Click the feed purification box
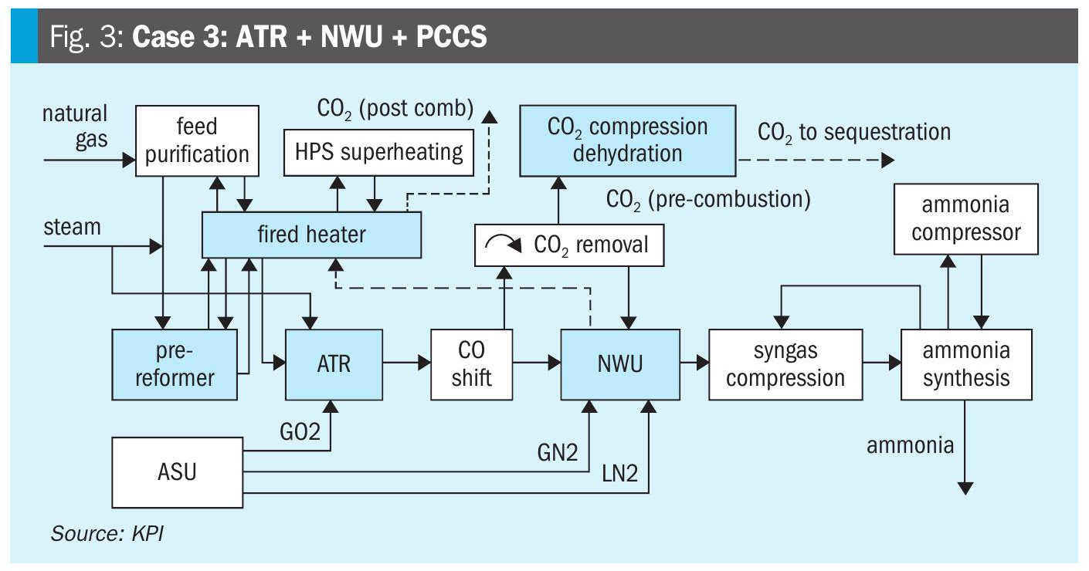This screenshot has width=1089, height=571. click(197, 140)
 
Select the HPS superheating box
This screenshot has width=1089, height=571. click(378, 151)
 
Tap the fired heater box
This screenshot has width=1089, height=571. click(311, 235)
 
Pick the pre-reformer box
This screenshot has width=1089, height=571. click(174, 363)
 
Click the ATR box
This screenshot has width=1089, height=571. click(334, 363)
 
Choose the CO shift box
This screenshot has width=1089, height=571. click(471, 363)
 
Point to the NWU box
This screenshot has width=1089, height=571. click(620, 363)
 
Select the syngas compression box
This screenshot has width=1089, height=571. click(785, 363)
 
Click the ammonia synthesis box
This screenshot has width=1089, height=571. click(966, 363)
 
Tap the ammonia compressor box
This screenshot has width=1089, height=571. click(966, 219)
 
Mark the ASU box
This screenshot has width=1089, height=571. click(178, 471)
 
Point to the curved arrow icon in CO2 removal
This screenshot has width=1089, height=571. click(502, 245)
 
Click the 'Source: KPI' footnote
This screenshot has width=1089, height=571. click(107, 533)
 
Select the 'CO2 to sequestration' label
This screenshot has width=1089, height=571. click(854, 132)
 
